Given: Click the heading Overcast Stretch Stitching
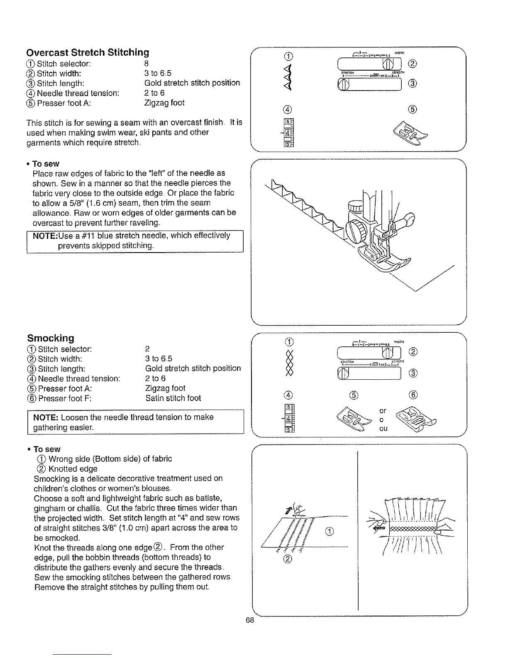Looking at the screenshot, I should point(88,52).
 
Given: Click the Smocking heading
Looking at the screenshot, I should point(51,338).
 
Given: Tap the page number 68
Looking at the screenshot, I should point(249,620).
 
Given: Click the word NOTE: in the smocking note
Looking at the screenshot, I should point(46,417).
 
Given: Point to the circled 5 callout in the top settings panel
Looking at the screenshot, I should point(412,110).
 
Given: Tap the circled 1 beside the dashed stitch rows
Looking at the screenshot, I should point(329,531).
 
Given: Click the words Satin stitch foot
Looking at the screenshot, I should point(173,398).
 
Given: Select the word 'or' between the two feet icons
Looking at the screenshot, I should point(383,411).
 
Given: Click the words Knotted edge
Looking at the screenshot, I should point(73,469).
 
